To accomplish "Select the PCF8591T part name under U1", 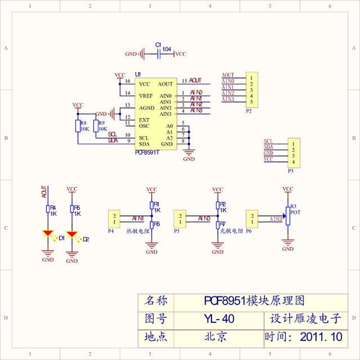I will click(147, 153).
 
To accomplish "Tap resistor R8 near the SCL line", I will click(78, 126).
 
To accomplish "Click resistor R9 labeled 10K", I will click(96, 126).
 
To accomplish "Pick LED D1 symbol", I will click(48, 234).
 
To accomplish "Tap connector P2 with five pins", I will click(251, 90).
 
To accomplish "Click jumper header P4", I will click(114, 218).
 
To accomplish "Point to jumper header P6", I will click(251, 218).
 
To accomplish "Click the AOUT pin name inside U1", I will click(165, 84).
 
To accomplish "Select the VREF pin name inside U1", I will click(146, 95).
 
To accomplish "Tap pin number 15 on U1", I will click(184, 81).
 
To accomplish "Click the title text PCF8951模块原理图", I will click(254, 301).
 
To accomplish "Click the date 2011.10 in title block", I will click(321, 337).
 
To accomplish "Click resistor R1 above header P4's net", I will click(152, 205).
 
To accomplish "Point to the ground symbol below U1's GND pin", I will click(189, 153).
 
